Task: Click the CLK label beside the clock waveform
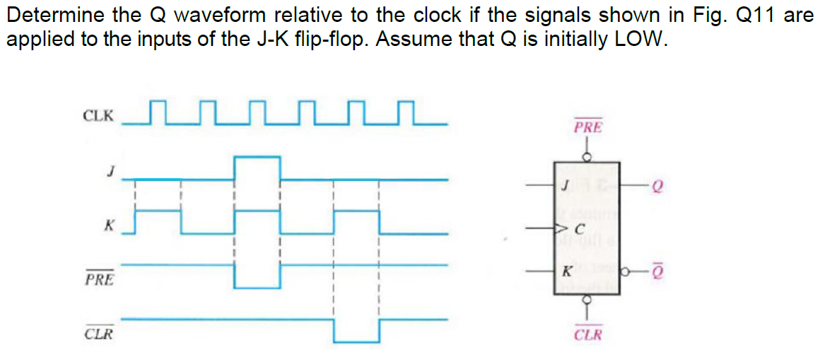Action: tap(98, 115)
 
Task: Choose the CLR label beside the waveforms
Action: tap(99, 333)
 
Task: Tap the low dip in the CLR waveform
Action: tap(356, 331)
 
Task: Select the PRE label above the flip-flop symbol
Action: tap(587, 128)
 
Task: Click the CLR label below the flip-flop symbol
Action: tap(588, 334)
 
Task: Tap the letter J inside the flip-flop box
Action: tap(565, 187)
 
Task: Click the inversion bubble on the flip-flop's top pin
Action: tap(587, 158)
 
